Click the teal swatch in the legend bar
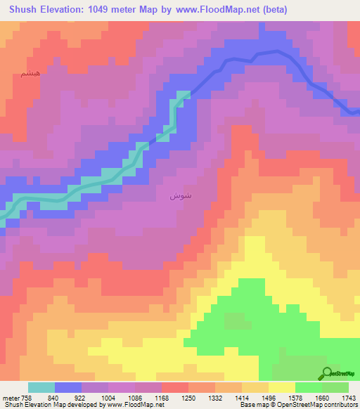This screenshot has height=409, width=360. click(41, 387)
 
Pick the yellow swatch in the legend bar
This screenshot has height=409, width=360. click(282, 387)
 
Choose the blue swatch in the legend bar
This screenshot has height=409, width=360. click(68, 387)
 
